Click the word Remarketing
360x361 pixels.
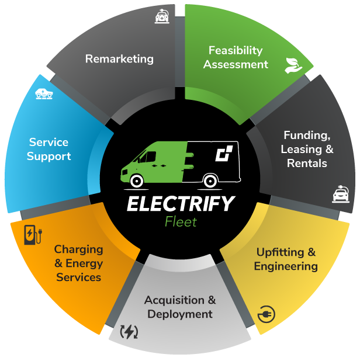[x=119, y=59]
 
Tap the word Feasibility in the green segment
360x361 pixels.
[x=236, y=50]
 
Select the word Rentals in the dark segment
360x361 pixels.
[x=307, y=163]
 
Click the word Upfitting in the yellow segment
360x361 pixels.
[x=280, y=252]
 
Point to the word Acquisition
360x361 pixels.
[x=174, y=300]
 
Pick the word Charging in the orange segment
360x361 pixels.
[x=78, y=249]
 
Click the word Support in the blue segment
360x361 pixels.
[x=49, y=157]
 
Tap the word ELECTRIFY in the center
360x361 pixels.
[x=181, y=204]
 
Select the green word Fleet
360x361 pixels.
[x=181, y=222]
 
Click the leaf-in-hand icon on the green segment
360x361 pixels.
[x=293, y=65]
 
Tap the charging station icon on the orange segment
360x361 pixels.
[x=33, y=235]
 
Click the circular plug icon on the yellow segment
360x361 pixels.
[x=266, y=314]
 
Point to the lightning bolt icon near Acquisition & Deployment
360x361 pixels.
[x=129, y=332]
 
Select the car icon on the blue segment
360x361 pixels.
[x=44, y=93]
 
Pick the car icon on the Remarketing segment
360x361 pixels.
[x=162, y=16]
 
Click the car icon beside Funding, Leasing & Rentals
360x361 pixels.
[x=341, y=194]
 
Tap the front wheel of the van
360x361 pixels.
[x=137, y=181]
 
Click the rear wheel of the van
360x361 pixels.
[x=210, y=181]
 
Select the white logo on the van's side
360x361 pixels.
[x=224, y=153]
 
